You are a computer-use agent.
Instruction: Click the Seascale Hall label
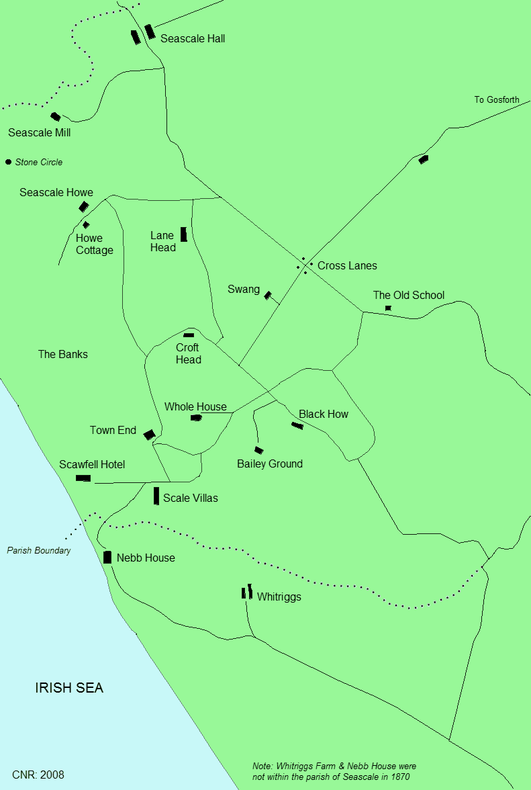pyautogui.click(x=193, y=39)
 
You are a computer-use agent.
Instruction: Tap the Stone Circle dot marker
pyautogui.click(x=8, y=162)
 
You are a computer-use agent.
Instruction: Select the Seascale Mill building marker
pyautogui.click(x=56, y=117)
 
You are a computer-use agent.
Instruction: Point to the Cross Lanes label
pyautogui.click(x=347, y=265)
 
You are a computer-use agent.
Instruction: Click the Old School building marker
pyautogui.click(x=388, y=308)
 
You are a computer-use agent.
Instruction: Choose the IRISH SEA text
pyautogui.click(x=69, y=689)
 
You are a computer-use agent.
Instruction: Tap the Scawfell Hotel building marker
pyautogui.click(x=83, y=478)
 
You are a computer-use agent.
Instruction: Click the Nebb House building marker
pyautogui.click(x=107, y=557)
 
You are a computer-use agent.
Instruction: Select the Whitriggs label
pyautogui.click(x=279, y=597)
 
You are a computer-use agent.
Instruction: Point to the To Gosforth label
pyautogui.click(x=497, y=100)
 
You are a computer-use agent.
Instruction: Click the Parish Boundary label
pyautogui.click(x=39, y=551)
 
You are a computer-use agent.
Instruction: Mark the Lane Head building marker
pyautogui.click(x=183, y=234)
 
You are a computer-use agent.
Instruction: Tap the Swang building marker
pyautogui.click(x=267, y=295)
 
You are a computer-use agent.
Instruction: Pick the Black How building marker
pyautogui.click(x=297, y=425)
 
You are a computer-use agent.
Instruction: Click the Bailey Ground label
pyautogui.click(x=270, y=464)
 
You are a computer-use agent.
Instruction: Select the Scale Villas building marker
pyautogui.click(x=156, y=496)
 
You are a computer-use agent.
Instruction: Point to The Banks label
pyautogui.click(x=62, y=354)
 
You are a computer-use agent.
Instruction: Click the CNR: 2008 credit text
pyautogui.click(x=38, y=775)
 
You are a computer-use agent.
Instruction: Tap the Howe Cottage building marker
pyautogui.click(x=86, y=224)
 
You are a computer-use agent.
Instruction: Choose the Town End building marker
pyautogui.click(x=149, y=435)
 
